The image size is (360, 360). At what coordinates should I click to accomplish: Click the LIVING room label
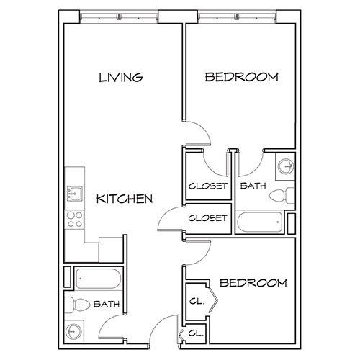point(121,77)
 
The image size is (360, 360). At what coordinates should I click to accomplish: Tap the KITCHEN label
point(125,199)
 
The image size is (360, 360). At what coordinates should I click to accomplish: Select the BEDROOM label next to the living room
point(241,77)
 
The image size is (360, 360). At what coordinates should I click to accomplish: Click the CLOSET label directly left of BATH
point(208,186)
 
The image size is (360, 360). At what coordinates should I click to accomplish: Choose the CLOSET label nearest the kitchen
point(208,217)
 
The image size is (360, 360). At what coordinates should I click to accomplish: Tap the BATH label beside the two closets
point(253,186)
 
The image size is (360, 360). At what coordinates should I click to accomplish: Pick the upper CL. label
point(197,302)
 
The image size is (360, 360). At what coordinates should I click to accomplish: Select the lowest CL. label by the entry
point(196,333)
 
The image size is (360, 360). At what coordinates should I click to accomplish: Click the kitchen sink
point(74,192)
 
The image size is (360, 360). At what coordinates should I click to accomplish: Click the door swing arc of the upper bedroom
point(203,138)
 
